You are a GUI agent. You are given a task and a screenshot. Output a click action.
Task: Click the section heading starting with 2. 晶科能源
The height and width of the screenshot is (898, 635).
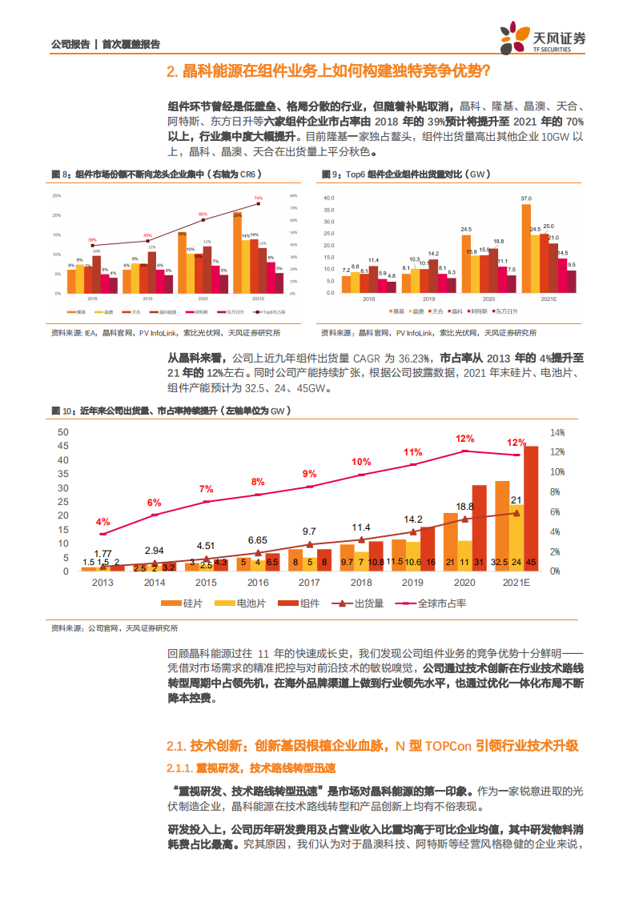(x=328, y=72)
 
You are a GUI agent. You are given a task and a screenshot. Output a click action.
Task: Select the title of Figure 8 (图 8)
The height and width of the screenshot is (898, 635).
(x=155, y=174)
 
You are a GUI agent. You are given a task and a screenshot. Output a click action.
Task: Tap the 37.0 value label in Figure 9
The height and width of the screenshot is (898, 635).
(x=525, y=198)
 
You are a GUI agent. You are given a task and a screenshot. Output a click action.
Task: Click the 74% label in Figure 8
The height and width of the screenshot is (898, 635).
(x=258, y=198)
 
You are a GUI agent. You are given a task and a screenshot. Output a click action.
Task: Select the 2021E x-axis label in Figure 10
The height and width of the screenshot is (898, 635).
(x=516, y=582)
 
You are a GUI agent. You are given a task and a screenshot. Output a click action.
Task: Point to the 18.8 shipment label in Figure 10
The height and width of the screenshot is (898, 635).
(x=464, y=507)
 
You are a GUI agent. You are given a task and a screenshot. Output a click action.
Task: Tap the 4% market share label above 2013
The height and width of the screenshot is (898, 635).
(x=102, y=521)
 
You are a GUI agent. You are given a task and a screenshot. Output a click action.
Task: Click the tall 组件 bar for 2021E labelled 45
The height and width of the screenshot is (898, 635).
(x=531, y=508)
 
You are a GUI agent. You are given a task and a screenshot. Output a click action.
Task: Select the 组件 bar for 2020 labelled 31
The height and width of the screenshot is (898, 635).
(x=479, y=528)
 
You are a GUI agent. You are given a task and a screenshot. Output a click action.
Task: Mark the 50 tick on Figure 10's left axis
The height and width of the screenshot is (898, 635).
(x=62, y=432)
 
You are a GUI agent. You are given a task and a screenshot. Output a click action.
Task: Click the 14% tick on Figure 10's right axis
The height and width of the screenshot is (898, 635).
(x=557, y=432)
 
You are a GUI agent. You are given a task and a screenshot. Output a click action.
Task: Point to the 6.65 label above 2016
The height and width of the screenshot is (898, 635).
(x=257, y=540)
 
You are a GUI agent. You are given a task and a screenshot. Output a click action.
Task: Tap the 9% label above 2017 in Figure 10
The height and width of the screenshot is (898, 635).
(x=309, y=474)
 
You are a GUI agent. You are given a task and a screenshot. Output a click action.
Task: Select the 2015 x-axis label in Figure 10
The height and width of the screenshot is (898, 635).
(x=206, y=582)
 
